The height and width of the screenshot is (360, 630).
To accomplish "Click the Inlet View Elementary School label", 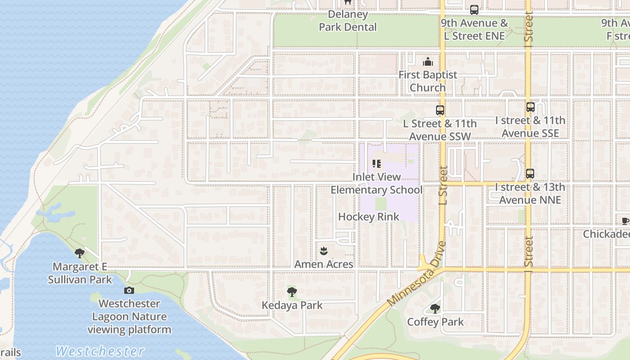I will click(377, 184).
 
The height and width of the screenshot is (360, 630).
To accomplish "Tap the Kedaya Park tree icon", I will click(292, 292).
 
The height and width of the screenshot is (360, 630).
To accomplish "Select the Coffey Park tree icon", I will click(435, 309).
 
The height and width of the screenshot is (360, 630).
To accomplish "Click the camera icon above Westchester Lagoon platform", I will click(129, 290).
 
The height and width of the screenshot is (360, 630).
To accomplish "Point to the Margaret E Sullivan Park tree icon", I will click(80, 253).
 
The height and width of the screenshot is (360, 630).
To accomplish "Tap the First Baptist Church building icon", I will click(427, 62).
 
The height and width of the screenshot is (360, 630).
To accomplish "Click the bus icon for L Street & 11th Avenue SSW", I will click(440, 110).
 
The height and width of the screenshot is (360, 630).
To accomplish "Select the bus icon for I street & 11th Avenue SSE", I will click(531, 107).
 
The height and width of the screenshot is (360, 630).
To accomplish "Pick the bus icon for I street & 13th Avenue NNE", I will click(530, 174).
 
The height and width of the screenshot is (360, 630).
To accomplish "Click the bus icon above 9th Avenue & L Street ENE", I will click(474, 10).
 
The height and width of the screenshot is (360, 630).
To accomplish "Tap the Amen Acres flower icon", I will click(323, 251).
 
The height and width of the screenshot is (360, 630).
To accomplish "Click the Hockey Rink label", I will click(369, 217).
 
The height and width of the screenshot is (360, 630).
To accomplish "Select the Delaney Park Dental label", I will click(347, 21).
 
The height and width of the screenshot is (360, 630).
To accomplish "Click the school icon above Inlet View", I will click(377, 164).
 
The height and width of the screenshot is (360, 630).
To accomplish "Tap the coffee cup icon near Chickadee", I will click(625, 221).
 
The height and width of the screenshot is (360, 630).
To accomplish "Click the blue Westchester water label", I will click(100, 351).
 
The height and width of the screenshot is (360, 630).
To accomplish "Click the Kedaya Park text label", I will click(292, 306).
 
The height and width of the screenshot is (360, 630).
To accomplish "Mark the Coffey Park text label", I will click(435, 322).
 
